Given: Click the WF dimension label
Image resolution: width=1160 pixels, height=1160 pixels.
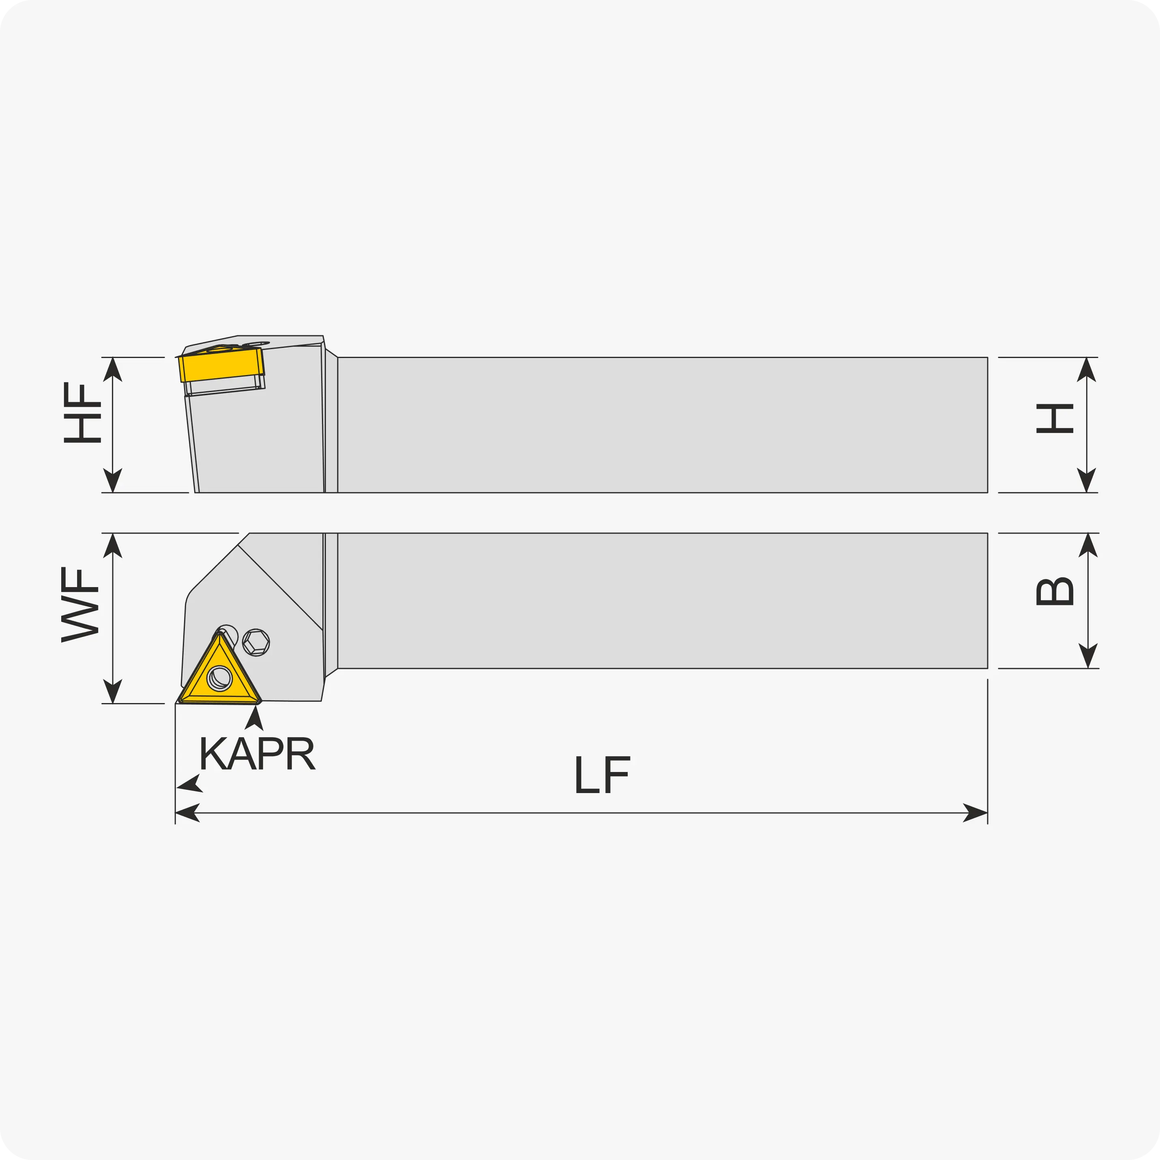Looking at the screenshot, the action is [80, 605].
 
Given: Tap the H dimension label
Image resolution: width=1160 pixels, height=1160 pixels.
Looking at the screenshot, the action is [1055, 418].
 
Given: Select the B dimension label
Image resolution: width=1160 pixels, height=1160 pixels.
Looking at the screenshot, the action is [1055, 592].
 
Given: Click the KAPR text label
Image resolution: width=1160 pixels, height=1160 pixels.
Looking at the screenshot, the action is [257, 753].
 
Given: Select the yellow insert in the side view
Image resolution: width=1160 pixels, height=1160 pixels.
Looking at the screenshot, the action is [221, 365].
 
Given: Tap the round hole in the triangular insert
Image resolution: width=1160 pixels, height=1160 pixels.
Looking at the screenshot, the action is [219, 678].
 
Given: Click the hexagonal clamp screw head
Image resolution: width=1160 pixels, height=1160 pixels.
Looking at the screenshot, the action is [256, 643].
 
